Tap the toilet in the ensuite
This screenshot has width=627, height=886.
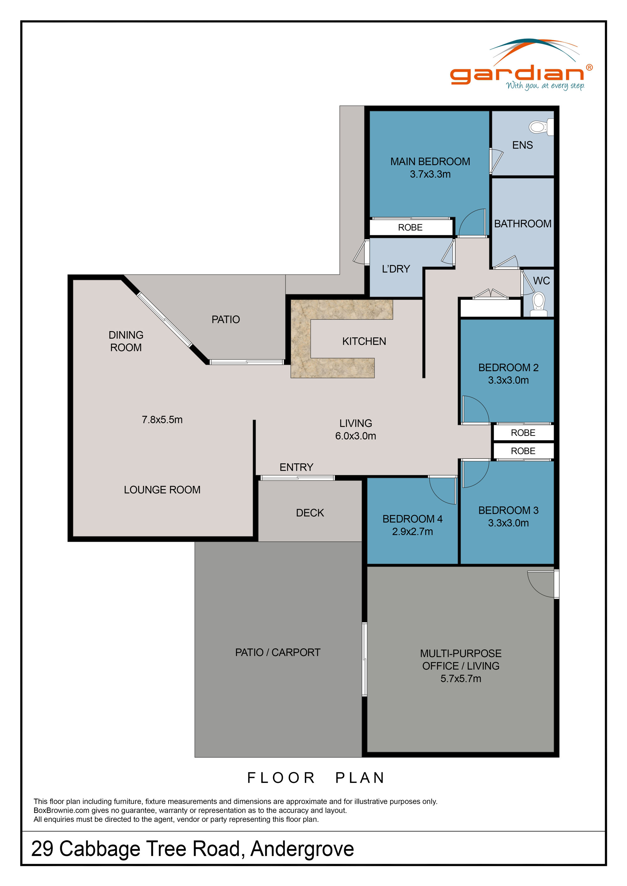541,127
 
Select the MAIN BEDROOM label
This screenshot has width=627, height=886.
430,161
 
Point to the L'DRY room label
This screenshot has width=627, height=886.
396,269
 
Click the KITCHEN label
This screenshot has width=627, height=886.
364,341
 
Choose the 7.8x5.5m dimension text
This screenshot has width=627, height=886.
162,420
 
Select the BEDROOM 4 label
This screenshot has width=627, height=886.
412,519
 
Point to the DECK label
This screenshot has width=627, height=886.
310,513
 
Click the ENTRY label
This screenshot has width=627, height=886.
297,467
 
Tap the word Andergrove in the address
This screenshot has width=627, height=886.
302,849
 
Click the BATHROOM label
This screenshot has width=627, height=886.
523,224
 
